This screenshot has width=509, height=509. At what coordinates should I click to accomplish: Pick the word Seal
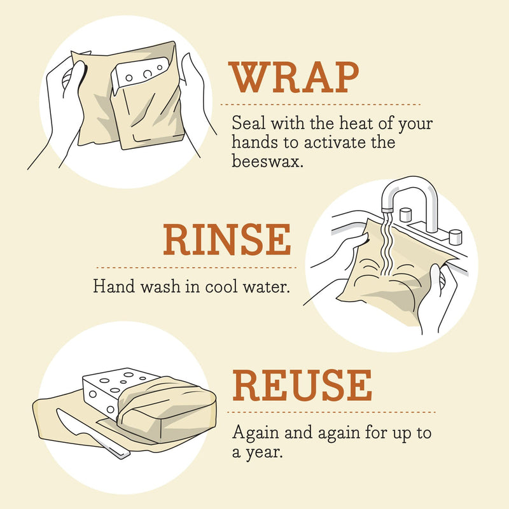point(245,122)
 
